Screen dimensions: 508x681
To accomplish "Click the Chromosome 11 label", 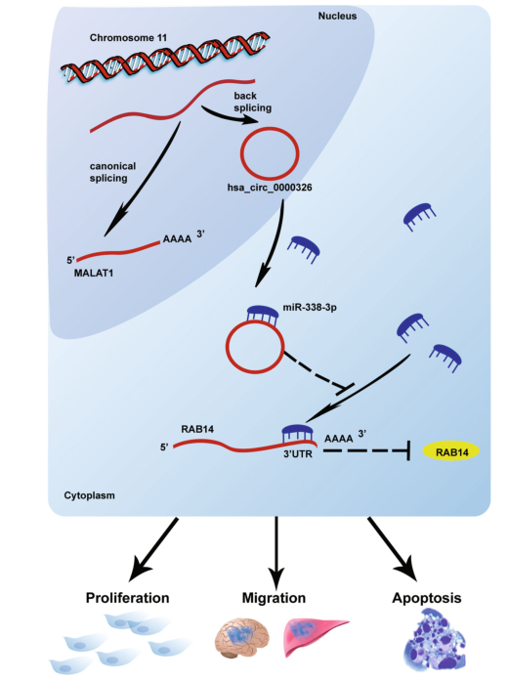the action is (128, 38).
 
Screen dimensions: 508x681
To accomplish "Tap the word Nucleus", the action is (337, 16).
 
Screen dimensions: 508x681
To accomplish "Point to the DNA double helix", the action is (165, 58).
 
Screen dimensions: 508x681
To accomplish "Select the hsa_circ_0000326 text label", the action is (270, 188).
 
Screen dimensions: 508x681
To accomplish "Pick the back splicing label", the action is (253, 102).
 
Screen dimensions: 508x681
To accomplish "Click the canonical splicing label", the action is (112, 172).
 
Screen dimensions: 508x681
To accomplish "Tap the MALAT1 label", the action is (94, 274).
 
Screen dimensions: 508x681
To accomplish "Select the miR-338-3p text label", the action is (310, 308).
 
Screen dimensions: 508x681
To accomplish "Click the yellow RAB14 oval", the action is (451, 452).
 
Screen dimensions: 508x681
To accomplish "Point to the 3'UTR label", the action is (298, 454).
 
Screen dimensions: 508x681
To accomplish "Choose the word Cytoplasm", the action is (90, 495).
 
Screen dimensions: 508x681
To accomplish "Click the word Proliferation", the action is (127, 598).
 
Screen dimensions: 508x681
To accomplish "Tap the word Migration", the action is (274, 598).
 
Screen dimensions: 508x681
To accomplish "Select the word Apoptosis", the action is (426, 599).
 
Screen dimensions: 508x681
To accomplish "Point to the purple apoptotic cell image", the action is (436, 640).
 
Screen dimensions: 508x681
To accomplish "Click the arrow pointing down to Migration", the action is (276, 552).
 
